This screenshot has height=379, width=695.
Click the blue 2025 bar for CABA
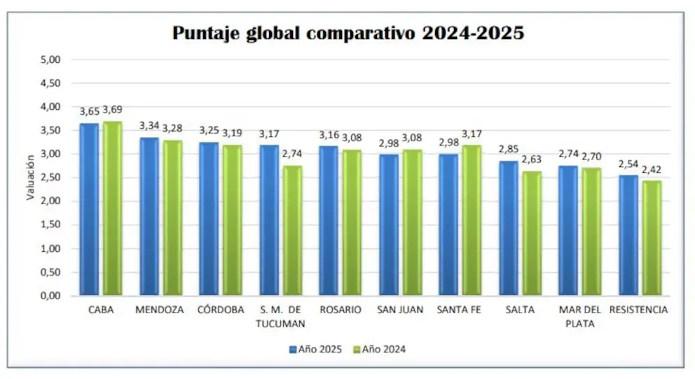coord(89,210)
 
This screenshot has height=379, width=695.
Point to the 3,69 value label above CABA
coord(113,110)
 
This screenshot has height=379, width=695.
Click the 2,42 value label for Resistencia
coord(652,169)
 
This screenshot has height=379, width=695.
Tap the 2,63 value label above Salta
coord(532,159)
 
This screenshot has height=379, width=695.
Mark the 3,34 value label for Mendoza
coord(149,125)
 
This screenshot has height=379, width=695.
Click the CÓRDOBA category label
coord(220,310)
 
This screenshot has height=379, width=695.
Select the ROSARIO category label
coord(340,310)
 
